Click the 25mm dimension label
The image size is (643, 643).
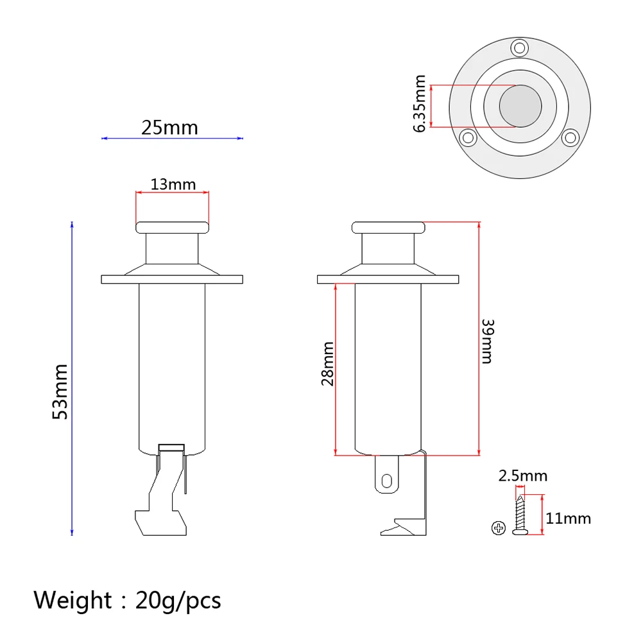point(169,128)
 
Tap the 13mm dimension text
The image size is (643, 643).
point(173,184)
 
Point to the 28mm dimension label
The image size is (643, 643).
point(328,363)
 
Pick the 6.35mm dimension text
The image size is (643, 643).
point(420,104)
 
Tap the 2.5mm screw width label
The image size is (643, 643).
point(523,476)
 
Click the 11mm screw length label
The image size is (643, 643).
point(569,519)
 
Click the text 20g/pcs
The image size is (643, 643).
point(178,600)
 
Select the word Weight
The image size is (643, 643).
point(73,600)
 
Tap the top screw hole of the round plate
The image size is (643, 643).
point(519,47)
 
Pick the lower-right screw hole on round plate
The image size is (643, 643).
point(569,137)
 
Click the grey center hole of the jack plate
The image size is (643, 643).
point(519,105)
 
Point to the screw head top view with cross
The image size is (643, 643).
point(499,528)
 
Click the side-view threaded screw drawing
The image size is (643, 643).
point(520,513)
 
